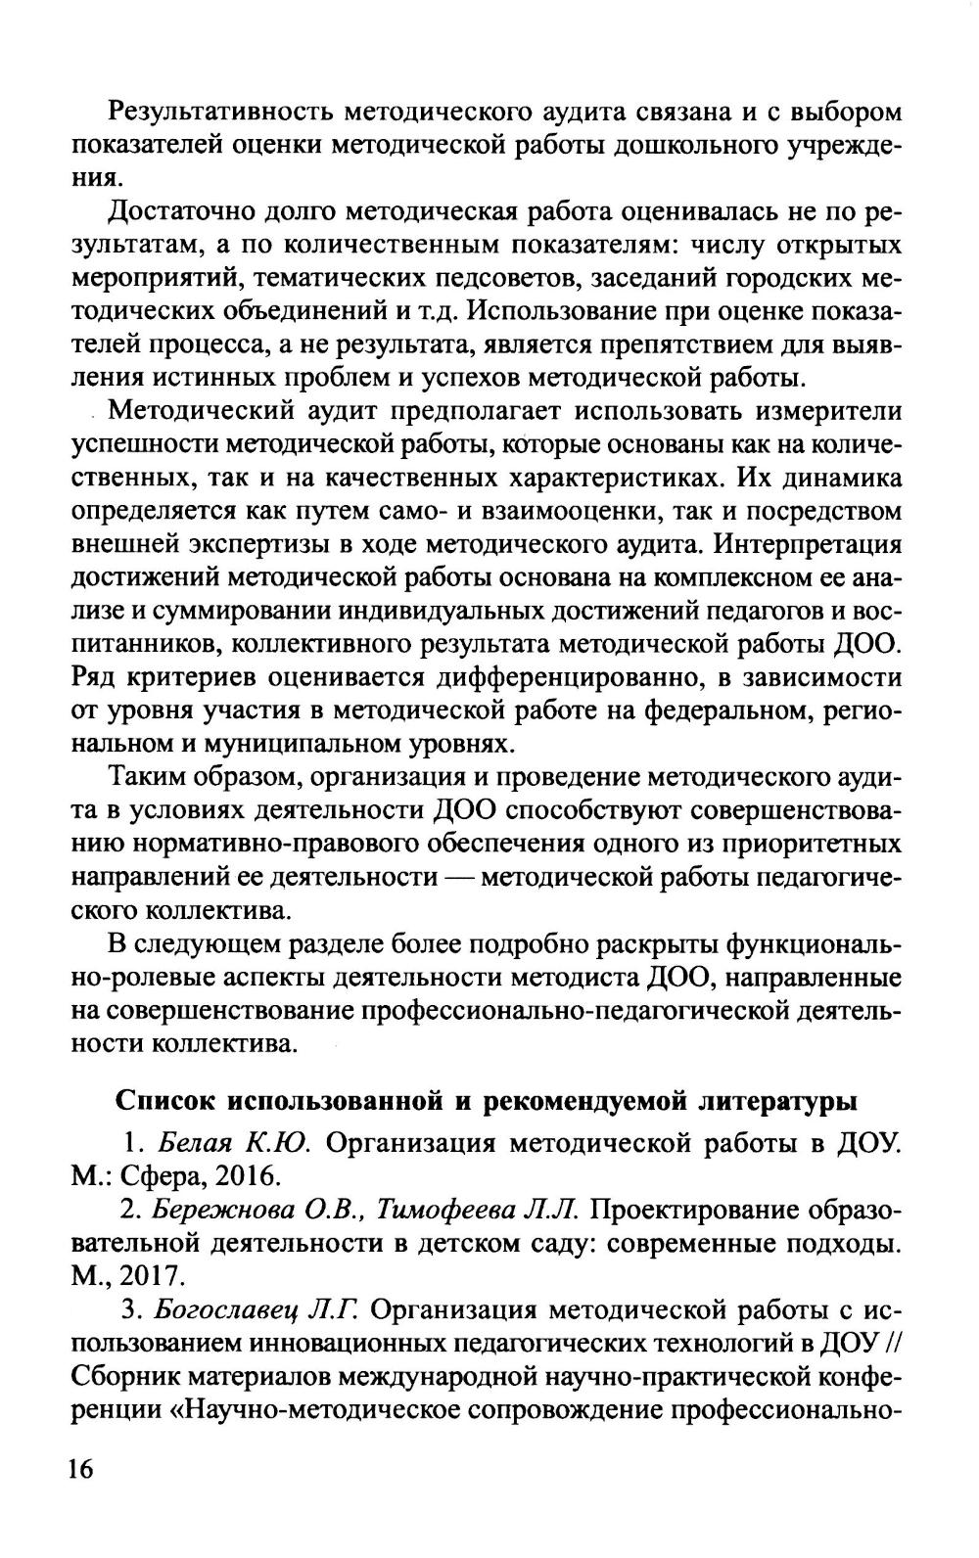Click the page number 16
click(x=80, y=1469)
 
